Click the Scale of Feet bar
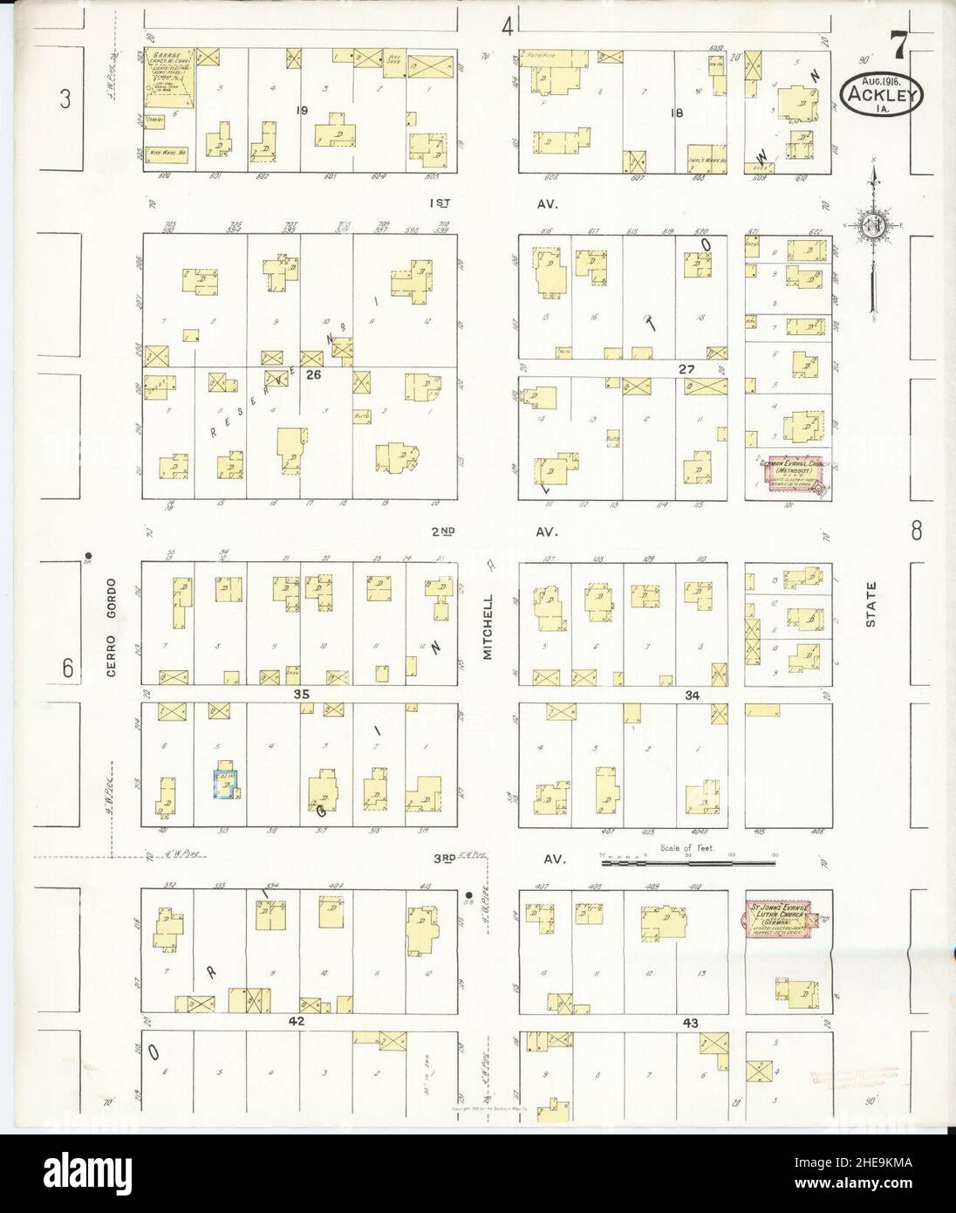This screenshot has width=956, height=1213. click(688, 862)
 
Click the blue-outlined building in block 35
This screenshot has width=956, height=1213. click(227, 782)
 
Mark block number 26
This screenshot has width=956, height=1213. click(313, 375)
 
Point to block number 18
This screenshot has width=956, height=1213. click(674, 112)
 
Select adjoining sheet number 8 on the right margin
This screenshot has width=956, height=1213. click(915, 530)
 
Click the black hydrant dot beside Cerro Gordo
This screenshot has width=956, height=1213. click(88, 553)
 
